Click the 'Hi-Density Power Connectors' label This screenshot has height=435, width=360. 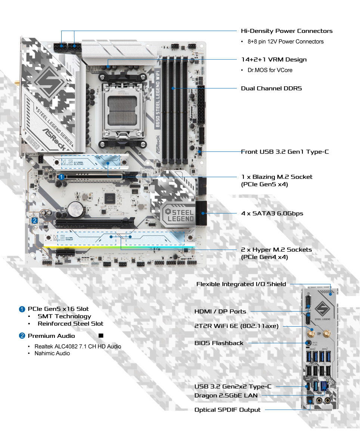tap(286, 31)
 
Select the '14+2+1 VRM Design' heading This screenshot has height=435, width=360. tap(274, 59)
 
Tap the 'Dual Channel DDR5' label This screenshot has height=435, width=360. tap(271, 89)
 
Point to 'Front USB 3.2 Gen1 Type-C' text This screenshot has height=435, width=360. tap(285, 152)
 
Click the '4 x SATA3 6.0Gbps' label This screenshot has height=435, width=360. tap(272, 213)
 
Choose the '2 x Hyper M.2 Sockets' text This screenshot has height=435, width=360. tap(276, 249)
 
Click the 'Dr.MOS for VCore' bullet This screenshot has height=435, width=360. tap(270, 70)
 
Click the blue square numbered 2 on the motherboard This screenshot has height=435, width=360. tap(34, 220)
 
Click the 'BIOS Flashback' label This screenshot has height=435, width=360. tap(219, 343)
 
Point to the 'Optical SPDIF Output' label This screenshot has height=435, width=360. tap(227, 410)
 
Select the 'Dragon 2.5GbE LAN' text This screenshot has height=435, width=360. tap(226, 395)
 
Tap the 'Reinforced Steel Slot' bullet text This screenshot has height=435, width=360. tap(70, 324)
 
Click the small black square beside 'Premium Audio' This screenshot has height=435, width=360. tap(101, 336)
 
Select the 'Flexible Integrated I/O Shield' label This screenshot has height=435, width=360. tap(241, 284)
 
